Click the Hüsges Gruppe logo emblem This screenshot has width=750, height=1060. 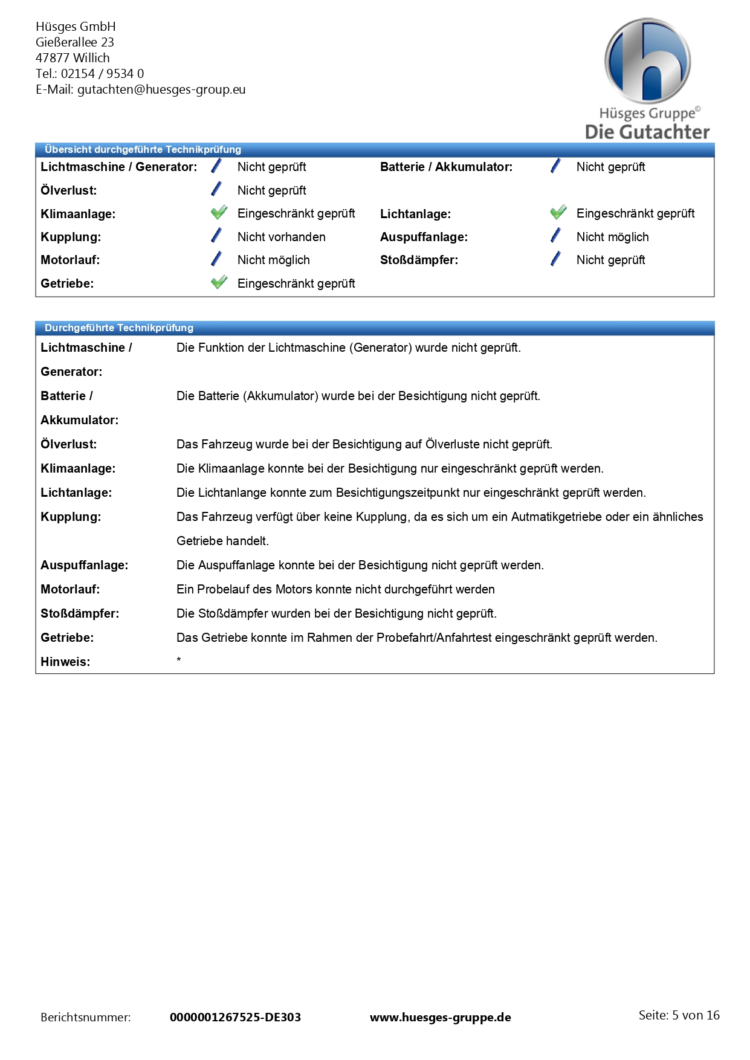coord(647,61)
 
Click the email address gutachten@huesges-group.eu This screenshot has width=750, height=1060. coord(161,89)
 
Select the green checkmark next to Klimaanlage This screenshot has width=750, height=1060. coord(219,213)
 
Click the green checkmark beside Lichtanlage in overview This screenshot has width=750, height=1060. coord(558,213)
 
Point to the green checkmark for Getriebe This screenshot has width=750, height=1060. coord(219,282)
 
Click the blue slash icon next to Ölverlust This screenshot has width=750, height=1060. coord(216,190)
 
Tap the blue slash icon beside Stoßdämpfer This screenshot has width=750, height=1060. coord(555,259)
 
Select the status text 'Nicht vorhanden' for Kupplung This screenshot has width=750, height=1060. coord(281,237)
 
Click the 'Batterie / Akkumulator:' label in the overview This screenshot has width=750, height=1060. coord(446,167)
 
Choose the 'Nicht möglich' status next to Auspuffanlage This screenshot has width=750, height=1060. coord(612,237)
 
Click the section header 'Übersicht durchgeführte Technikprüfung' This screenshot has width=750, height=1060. coord(143,149)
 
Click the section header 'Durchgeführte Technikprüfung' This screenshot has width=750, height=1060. coord(119,328)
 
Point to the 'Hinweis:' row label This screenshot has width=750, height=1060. coord(65,662)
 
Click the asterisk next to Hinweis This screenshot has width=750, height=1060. coord(179,660)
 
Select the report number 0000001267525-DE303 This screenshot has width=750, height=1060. coord(235,1017)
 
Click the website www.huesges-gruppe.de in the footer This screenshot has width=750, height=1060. coord(440,1017)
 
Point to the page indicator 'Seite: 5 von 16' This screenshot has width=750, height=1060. coord(679,1015)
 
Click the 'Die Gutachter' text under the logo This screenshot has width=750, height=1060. coord(647,132)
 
